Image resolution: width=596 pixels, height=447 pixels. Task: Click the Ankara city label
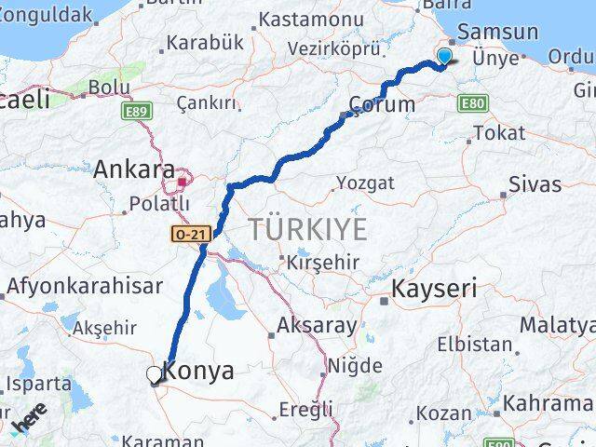click(x=134, y=170)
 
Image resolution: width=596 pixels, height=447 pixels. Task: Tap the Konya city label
click(x=199, y=371)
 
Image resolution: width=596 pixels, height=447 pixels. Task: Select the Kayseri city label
click(x=433, y=289)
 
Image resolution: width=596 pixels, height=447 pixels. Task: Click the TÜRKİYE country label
click(x=307, y=229)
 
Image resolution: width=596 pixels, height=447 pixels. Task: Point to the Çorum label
click(x=382, y=103)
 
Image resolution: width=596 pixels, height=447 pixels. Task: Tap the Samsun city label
click(x=498, y=32)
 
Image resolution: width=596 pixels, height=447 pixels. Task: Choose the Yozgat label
click(x=365, y=183)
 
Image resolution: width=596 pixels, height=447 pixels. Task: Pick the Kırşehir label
click(x=323, y=262)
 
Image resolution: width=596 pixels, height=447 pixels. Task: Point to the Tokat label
click(x=498, y=133)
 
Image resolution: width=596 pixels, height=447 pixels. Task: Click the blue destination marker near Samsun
click(x=444, y=58)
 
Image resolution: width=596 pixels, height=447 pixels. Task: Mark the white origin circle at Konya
click(x=155, y=374)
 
